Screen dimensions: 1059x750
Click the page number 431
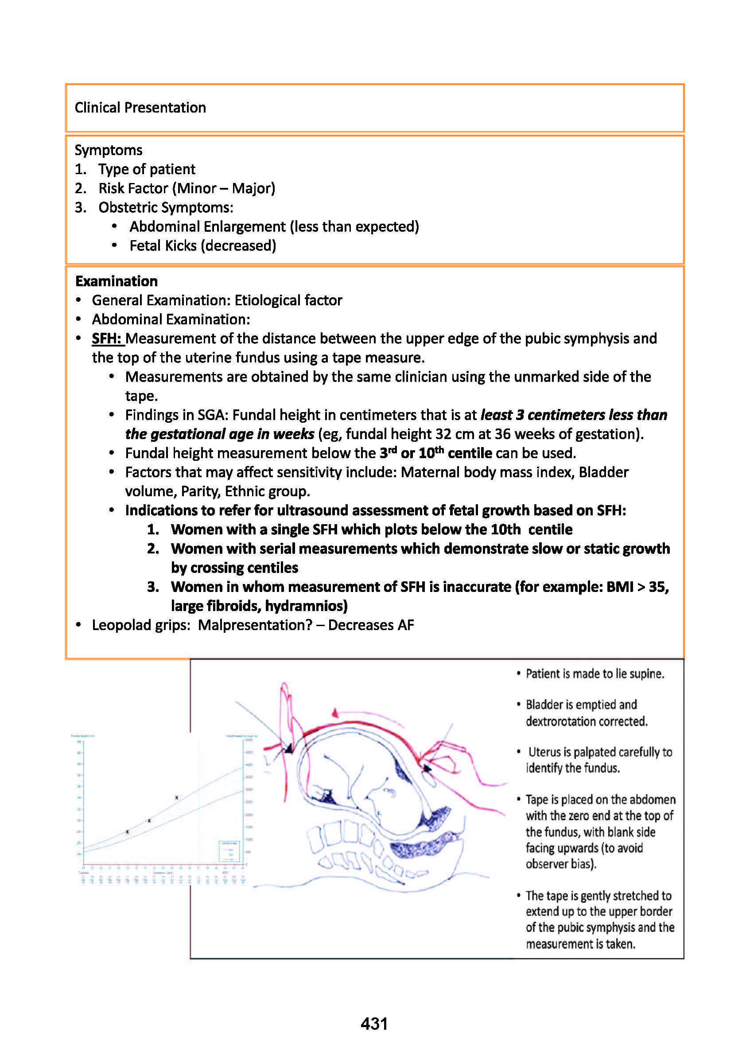(374, 1024)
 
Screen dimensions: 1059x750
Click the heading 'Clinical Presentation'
(140, 108)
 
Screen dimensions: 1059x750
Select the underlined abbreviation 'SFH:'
(107, 339)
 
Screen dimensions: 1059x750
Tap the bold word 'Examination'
(117, 281)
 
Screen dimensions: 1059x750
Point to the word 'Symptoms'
(109, 150)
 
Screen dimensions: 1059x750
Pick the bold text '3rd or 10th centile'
(435, 453)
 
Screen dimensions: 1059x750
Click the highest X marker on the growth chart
(176, 798)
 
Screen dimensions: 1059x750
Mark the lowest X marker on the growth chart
(128, 832)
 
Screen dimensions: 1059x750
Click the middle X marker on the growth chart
(149, 821)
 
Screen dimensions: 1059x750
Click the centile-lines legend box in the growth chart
(229, 851)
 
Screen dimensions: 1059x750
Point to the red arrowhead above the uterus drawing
(335, 713)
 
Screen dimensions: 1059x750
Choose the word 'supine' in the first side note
(649, 674)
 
